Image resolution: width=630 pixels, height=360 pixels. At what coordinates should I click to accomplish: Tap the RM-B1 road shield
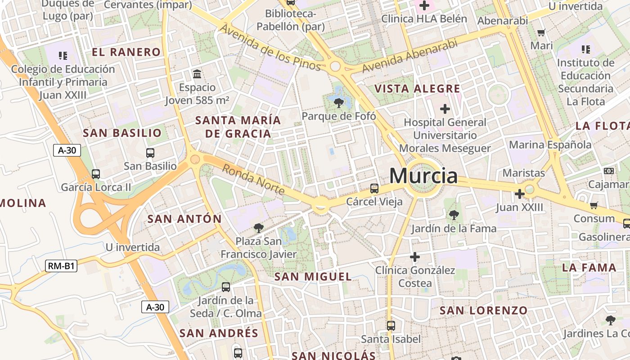[x=61, y=266]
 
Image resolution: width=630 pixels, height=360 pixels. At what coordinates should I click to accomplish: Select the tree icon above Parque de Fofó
[x=338, y=103]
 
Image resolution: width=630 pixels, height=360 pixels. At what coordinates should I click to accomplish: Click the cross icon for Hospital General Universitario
[x=445, y=109]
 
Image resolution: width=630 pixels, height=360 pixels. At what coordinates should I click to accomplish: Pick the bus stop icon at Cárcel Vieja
[x=374, y=189]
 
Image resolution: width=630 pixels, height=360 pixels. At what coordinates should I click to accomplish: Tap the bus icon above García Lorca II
[x=96, y=174]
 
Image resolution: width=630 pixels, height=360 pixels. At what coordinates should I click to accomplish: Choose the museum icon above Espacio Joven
[x=197, y=74]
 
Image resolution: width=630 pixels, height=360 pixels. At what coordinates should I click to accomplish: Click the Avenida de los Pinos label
[x=270, y=48]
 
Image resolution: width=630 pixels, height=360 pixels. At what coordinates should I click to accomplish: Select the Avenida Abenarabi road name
[x=410, y=56]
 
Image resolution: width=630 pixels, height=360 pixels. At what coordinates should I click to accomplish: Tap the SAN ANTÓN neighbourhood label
[x=184, y=219]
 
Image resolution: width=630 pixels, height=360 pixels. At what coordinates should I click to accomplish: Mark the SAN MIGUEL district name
[x=313, y=277]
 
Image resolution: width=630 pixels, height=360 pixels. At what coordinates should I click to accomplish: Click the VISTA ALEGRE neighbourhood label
[x=418, y=89]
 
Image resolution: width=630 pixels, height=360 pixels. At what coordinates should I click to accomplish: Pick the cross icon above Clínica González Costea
[x=415, y=257]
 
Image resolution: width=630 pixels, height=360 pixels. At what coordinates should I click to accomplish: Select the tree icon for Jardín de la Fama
[x=454, y=215]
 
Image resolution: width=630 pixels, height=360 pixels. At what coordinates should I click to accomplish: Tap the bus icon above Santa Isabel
[x=391, y=325]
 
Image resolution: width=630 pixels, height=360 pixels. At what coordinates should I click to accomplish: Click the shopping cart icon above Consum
[x=594, y=206]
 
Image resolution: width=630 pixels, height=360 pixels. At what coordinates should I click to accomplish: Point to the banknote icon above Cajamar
[x=608, y=171]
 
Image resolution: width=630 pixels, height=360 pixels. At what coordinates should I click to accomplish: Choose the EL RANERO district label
[x=126, y=52]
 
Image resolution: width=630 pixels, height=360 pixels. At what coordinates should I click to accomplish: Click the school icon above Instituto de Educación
[x=585, y=49]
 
